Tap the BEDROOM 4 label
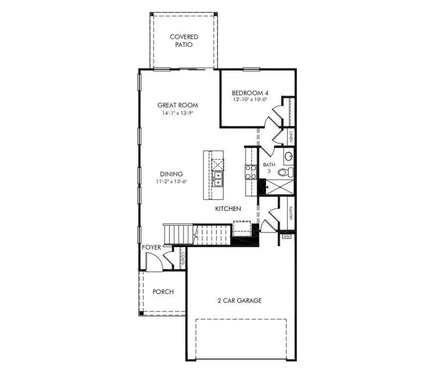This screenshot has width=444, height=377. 250,92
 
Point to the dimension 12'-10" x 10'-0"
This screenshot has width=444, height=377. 250,100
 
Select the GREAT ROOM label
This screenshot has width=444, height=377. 178,105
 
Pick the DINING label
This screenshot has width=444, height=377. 171,173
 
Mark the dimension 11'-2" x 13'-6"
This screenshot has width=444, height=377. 171,181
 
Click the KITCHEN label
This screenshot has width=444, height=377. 228,209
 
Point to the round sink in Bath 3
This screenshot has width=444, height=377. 289,156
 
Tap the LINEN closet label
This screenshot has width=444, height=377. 291,137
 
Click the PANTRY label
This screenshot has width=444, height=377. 291,213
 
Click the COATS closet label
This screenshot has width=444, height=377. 182,258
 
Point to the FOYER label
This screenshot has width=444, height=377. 151,247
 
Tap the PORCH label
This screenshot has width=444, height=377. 163,292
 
